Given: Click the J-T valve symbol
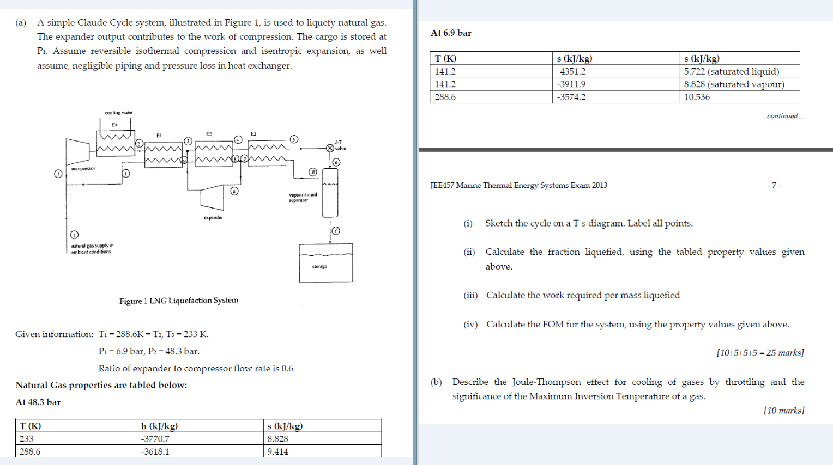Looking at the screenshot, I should coord(330,148).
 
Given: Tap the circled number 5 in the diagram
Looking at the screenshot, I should coord(294,139).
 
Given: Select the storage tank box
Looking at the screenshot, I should coord(325,262).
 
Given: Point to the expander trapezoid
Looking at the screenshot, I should coord(212,198).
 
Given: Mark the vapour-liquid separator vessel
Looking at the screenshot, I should coord(330,192).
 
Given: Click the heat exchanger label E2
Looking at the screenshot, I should coord(209,134).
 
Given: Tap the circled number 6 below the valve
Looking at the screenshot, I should coord(336,162).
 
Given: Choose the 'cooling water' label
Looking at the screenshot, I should coord(119,113).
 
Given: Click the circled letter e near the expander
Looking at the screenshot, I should coord(234,191).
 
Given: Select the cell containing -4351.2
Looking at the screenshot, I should coord(571,71).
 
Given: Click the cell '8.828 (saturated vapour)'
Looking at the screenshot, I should coord(734,84).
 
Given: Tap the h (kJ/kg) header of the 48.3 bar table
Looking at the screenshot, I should coord(159,426).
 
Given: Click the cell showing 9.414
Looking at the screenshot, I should coord(277,451).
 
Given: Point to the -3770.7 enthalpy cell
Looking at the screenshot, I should coord(155,439).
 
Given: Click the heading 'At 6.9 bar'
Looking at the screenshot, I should coord(451,33).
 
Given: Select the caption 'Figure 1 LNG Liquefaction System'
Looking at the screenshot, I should coord(179,301).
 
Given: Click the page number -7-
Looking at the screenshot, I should coord(774,185).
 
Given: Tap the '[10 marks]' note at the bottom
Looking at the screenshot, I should coord(783,410).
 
